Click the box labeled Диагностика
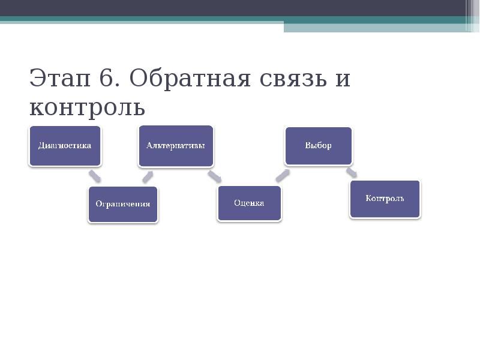[x=65, y=146]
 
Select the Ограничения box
[x=123, y=204]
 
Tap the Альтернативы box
[x=176, y=146]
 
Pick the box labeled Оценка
[x=249, y=203]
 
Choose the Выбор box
[x=318, y=146]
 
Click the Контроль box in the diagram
[x=385, y=199]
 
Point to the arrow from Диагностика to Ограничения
[x=94, y=176]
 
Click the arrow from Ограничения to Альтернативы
[x=148, y=176]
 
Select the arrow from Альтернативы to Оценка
[x=214, y=176]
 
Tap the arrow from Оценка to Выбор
[x=282, y=175]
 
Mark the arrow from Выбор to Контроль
[x=352, y=173]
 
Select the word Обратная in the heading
[x=188, y=79]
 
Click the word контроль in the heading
[x=87, y=107]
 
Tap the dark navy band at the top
[x=240, y=8]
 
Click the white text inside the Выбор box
[x=318, y=146]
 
